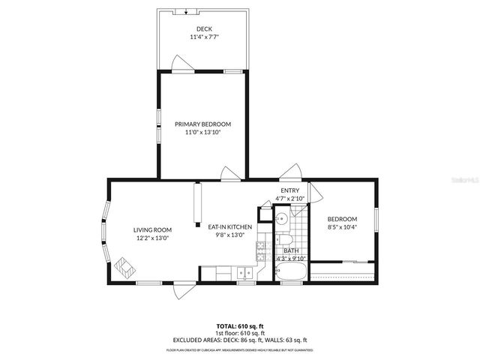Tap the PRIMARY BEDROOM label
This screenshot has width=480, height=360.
coord(202,124)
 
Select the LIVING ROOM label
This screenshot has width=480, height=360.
coord(152,229)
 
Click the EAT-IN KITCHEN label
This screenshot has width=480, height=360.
coord(224,226)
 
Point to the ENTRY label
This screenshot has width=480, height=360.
coord(290,190)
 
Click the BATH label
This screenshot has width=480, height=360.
coord(290,250)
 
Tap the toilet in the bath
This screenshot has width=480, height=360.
coord(286,241)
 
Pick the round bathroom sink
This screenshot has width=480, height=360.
coord(280,219)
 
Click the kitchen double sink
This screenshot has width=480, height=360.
coord(244,274)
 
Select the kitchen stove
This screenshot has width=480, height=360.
coord(262,249)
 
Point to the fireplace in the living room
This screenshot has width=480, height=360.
coord(124,266)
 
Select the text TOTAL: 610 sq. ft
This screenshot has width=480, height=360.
coord(239,327)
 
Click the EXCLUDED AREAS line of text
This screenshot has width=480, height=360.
coord(239,339)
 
